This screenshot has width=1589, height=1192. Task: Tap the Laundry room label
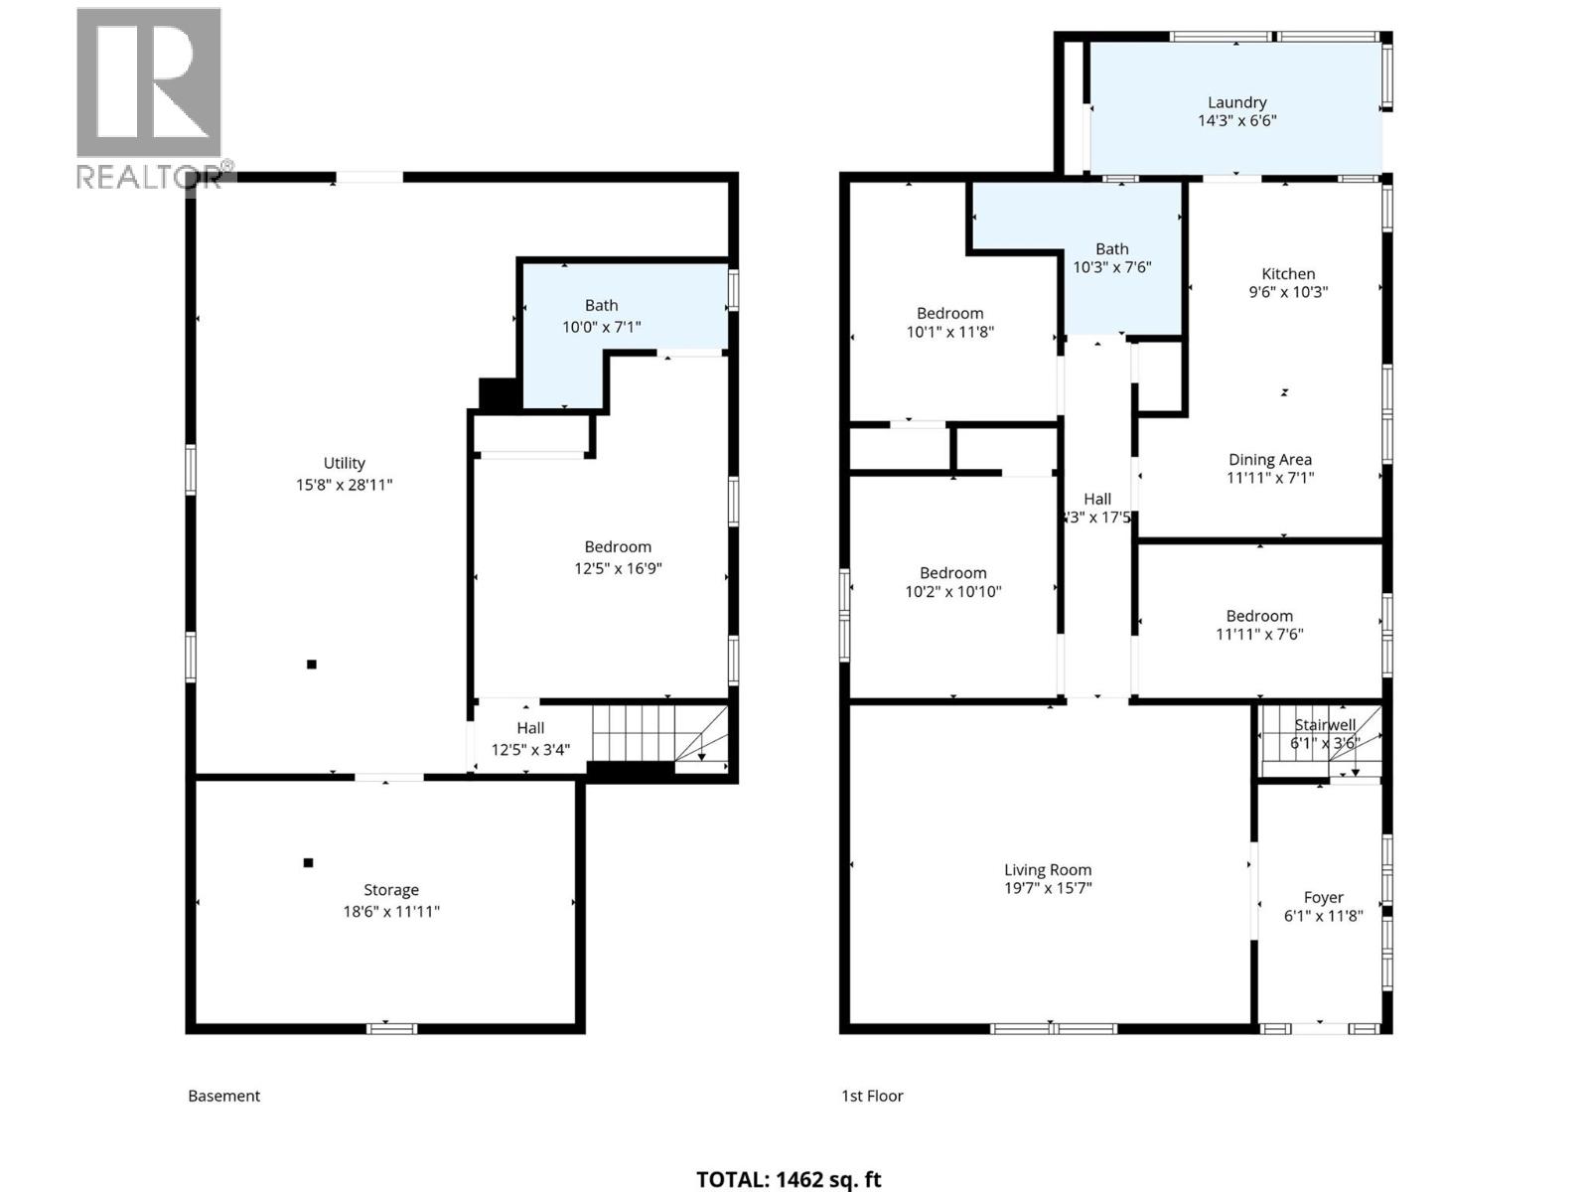click(x=1236, y=102)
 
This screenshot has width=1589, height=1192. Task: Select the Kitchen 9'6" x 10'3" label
click(x=1288, y=283)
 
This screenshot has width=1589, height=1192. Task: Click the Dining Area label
click(x=1269, y=460)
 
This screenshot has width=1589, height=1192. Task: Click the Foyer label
click(x=1323, y=897)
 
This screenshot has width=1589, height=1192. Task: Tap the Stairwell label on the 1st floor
click(x=1325, y=726)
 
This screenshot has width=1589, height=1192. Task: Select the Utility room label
click(x=344, y=464)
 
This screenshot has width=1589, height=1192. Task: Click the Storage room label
click(x=390, y=891)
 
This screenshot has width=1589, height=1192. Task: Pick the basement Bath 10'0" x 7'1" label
click(x=601, y=316)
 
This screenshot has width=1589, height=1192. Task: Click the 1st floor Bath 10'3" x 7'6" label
click(x=1111, y=258)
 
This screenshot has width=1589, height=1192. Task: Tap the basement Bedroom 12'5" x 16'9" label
click(x=618, y=557)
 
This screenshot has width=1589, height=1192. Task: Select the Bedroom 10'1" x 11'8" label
click(x=949, y=323)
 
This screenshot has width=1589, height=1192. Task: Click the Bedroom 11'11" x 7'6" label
click(x=1258, y=625)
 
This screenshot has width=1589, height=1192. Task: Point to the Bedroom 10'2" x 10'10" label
click(x=952, y=582)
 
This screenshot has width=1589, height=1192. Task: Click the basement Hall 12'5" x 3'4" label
click(x=530, y=738)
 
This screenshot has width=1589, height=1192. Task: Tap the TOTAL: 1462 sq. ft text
click(x=789, y=1179)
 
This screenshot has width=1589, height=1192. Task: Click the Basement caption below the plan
click(x=223, y=1096)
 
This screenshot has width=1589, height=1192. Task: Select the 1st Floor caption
click(x=872, y=1096)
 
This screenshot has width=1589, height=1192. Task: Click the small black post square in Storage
click(x=308, y=862)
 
